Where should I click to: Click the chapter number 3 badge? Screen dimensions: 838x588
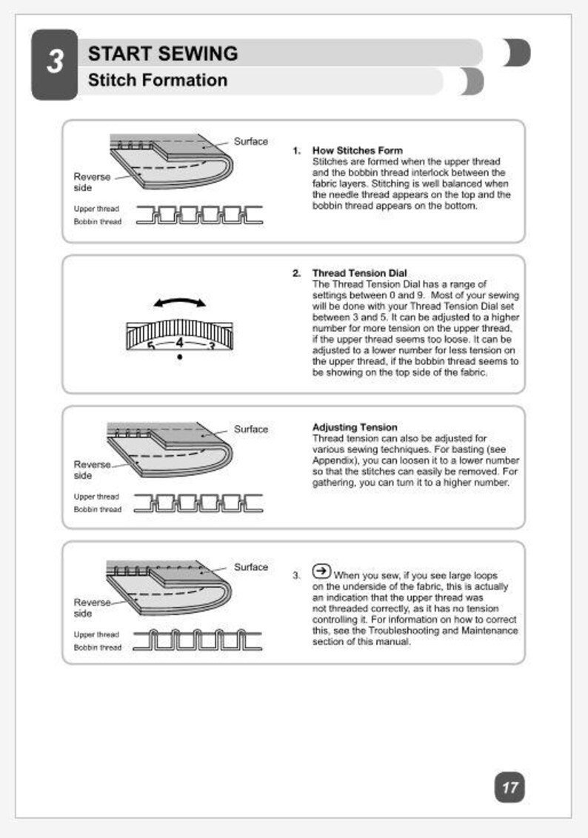(x=54, y=64)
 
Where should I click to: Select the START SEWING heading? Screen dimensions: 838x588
(x=162, y=53)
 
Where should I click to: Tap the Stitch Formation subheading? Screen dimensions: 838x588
(x=157, y=80)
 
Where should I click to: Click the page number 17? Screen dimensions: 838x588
(x=510, y=787)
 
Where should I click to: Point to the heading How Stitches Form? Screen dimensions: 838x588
(x=357, y=151)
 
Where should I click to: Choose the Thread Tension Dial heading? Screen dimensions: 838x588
(x=359, y=273)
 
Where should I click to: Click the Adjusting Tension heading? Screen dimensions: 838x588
(x=355, y=428)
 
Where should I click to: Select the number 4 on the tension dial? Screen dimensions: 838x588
(x=179, y=343)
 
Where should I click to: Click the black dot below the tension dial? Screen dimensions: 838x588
(x=179, y=357)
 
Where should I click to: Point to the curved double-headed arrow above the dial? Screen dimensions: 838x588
(x=179, y=302)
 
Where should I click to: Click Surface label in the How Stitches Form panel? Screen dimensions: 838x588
(x=250, y=141)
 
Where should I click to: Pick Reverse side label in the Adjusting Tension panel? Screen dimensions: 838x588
(x=92, y=470)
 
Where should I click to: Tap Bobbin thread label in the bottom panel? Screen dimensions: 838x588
(x=97, y=648)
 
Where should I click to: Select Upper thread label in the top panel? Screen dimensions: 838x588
(x=96, y=209)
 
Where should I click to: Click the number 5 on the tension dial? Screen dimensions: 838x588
(x=150, y=346)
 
